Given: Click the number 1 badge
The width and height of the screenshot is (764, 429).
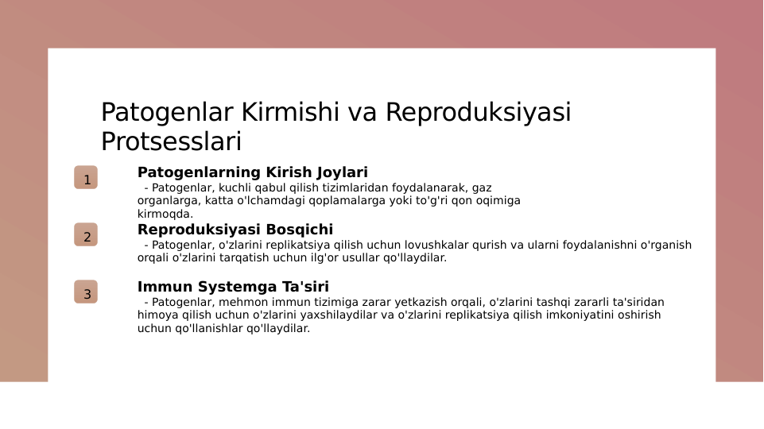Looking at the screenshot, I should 86,178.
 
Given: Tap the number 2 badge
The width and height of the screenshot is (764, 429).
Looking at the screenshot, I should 86,235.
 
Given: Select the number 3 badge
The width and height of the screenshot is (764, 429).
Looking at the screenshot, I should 86,292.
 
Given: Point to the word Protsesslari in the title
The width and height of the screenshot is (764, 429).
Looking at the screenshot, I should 170,142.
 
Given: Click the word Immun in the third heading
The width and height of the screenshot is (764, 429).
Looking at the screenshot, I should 161,287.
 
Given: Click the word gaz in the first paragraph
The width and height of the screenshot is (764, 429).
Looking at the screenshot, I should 483,188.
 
